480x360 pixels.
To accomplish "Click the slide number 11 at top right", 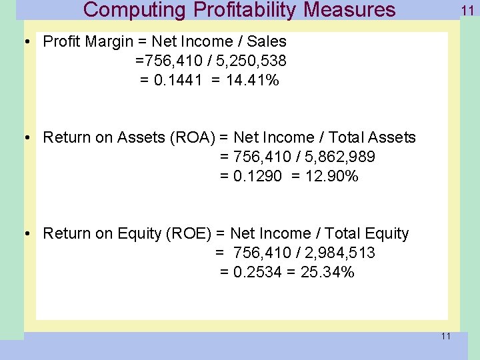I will pyautogui.click(x=467, y=10).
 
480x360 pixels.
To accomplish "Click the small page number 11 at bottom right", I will pyautogui.click(x=445, y=336).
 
